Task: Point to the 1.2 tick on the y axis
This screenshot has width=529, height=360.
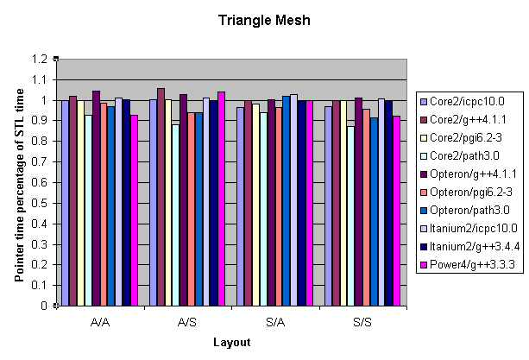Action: [x=41, y=60]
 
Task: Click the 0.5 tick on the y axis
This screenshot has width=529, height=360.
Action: [x=41, y=203]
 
